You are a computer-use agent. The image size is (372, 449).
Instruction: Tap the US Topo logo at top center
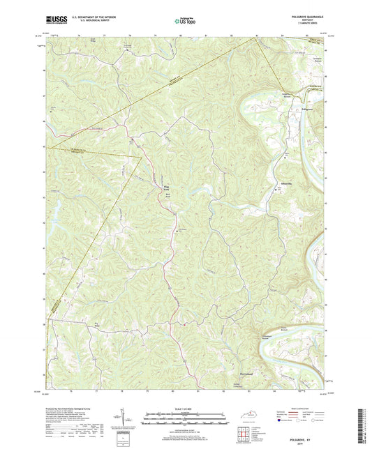coord(184,22)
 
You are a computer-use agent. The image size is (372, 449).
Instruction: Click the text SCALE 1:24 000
coord(184,410)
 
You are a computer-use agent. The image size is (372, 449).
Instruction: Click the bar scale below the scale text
coord(184,420)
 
